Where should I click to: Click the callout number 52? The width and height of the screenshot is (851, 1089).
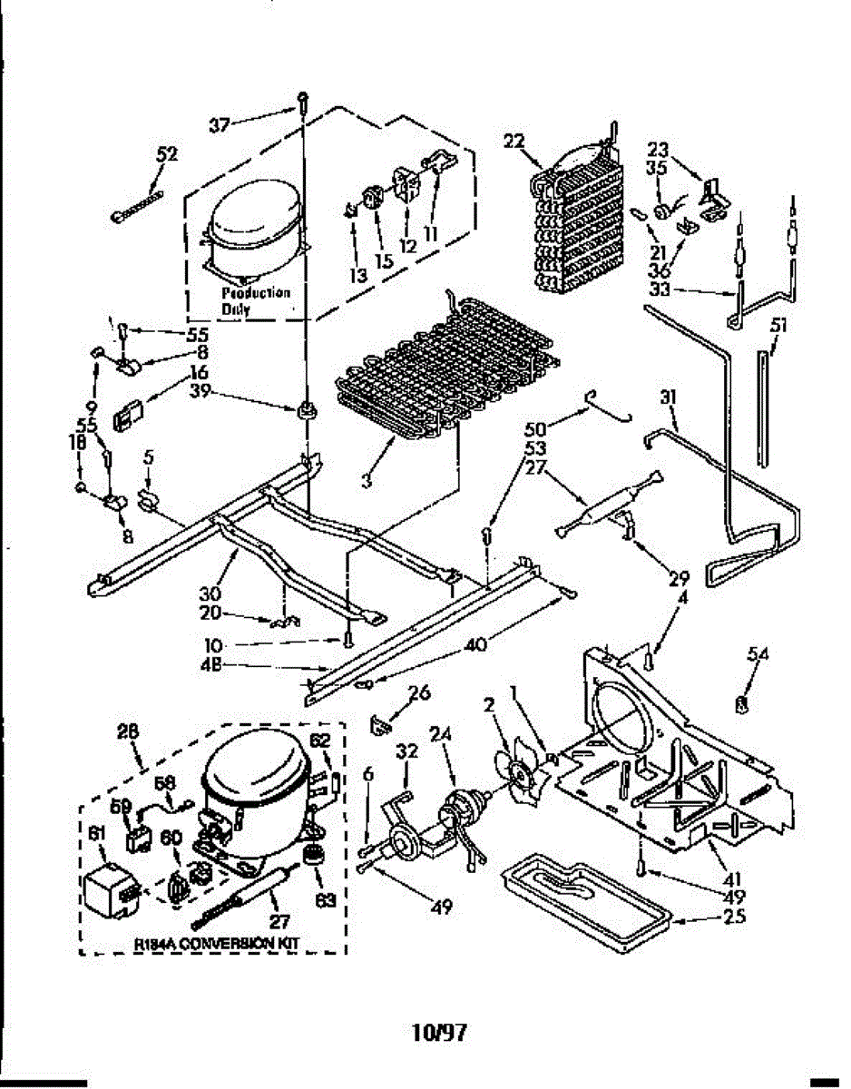(167, 154)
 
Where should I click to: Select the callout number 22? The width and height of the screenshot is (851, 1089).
(514, 141)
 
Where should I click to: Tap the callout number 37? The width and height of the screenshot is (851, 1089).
(220, 125)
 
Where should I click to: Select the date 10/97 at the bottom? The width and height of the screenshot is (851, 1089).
(439, 1032)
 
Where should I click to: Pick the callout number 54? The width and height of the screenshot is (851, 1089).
(758, 653)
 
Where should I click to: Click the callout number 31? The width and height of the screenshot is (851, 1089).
(670, 397)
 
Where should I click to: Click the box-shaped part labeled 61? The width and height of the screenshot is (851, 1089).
(110, 886)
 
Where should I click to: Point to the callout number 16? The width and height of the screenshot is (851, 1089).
(199, 371)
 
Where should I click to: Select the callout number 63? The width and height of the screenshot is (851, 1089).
(325, 900)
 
